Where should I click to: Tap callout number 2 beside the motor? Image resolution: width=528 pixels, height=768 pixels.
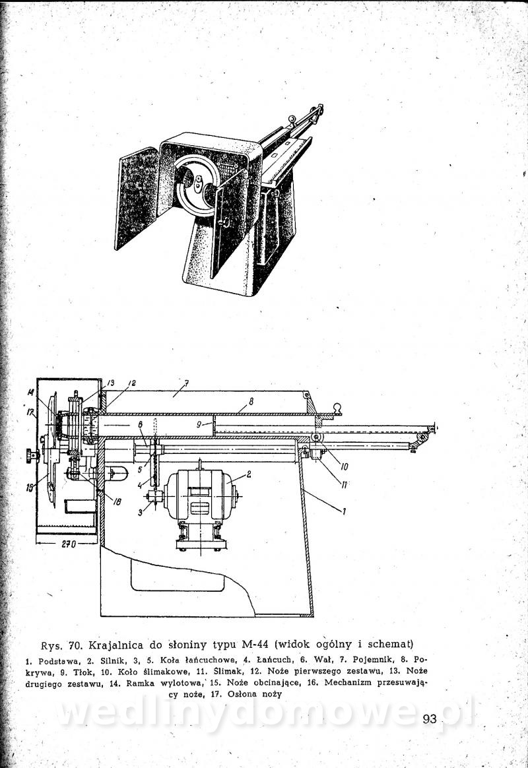pos(249,474)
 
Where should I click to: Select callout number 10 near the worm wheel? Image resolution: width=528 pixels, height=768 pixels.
pos(344,466)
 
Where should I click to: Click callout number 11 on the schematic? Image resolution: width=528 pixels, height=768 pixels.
pos(344,485)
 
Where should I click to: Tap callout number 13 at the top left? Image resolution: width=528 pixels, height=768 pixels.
pos(110,383)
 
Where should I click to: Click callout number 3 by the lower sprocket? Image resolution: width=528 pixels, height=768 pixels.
pos(140,512)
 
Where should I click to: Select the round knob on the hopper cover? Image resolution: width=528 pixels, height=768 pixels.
pos(337,407)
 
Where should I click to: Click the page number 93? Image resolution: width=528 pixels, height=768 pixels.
pos(429,719)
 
